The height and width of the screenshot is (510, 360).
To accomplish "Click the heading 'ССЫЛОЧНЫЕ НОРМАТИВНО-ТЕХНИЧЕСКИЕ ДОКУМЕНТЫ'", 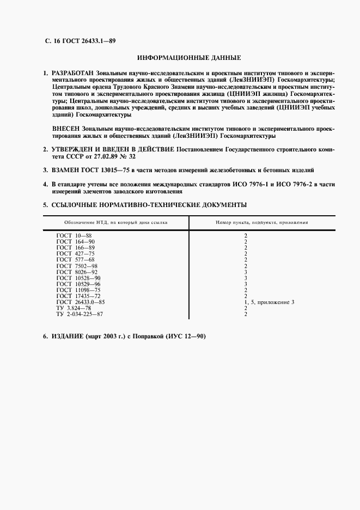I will pos(149,205).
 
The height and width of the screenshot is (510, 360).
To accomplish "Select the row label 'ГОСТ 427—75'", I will pos(76,253).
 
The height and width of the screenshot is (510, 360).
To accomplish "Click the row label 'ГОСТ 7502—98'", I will pos(77,265).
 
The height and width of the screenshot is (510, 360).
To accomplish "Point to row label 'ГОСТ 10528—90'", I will pos(78,278).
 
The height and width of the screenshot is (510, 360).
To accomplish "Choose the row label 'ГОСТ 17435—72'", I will pos(78,296).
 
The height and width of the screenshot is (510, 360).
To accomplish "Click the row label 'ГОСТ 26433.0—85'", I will pos(81,302).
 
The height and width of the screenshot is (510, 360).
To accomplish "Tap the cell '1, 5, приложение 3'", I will pos(269,302).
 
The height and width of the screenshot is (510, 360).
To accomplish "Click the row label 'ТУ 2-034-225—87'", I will pos(80,314).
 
